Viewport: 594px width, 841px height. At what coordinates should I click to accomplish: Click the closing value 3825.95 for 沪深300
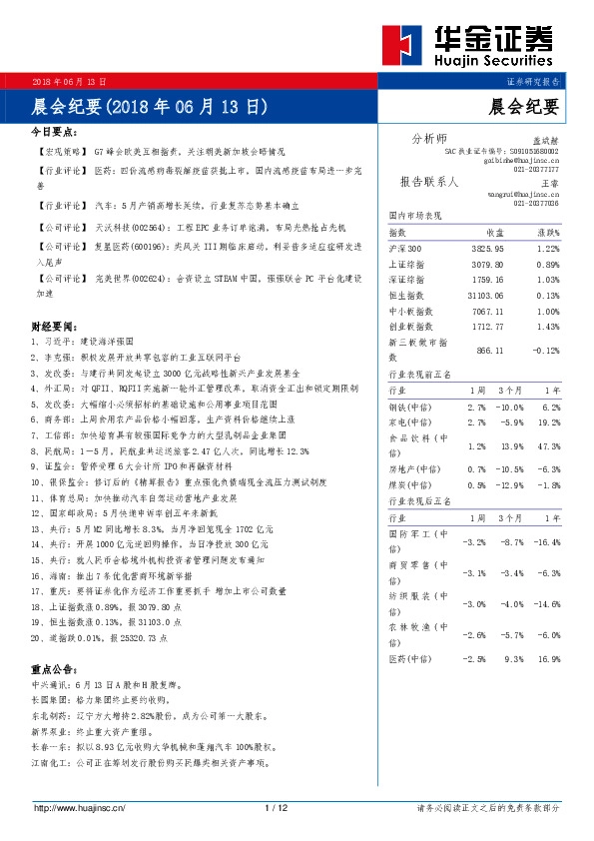487,248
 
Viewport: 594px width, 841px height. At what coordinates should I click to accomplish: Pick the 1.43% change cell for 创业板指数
548,326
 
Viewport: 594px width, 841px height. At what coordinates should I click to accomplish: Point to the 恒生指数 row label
404,295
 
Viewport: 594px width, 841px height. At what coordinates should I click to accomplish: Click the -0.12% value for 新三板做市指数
546,351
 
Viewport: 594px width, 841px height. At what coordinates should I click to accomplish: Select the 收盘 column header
494,232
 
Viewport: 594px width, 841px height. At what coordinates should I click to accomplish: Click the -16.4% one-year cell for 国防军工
547,540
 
